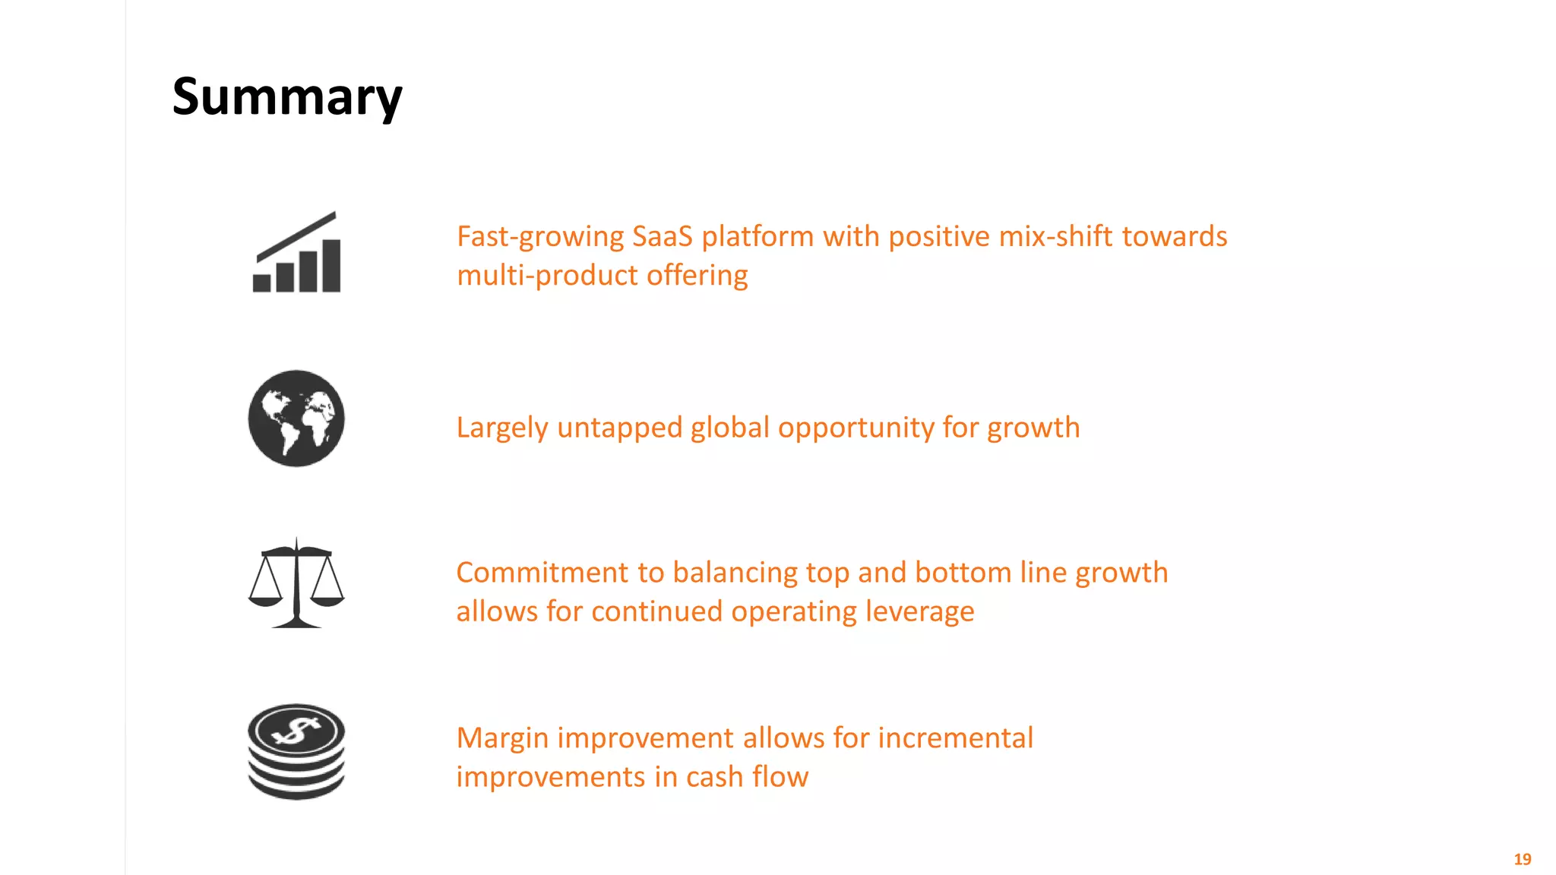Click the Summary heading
[x=287, y=97]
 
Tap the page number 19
[x=1522, y=859]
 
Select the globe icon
[x=296, y=419]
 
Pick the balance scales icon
[x=296, y=583]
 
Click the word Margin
[x=502, y=738]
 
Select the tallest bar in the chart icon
[x=331, y=266]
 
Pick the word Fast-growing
[x=540, y=237]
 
